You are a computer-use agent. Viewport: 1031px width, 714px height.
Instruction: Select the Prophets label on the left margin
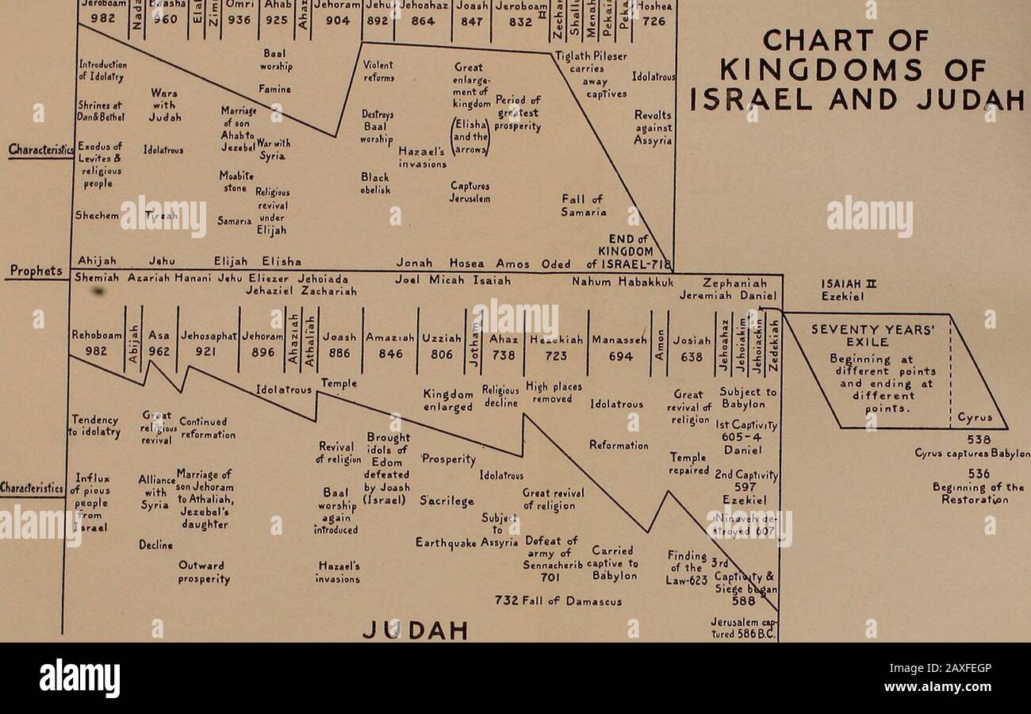pos(36,271)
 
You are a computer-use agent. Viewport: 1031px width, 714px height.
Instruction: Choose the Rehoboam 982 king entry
pos(94,343)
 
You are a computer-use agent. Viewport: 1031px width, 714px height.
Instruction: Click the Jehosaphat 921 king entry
pos(208,343)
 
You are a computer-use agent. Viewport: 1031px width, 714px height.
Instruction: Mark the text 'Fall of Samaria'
pos(583,205)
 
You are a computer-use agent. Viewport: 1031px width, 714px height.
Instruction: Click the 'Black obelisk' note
pos(375,183)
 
